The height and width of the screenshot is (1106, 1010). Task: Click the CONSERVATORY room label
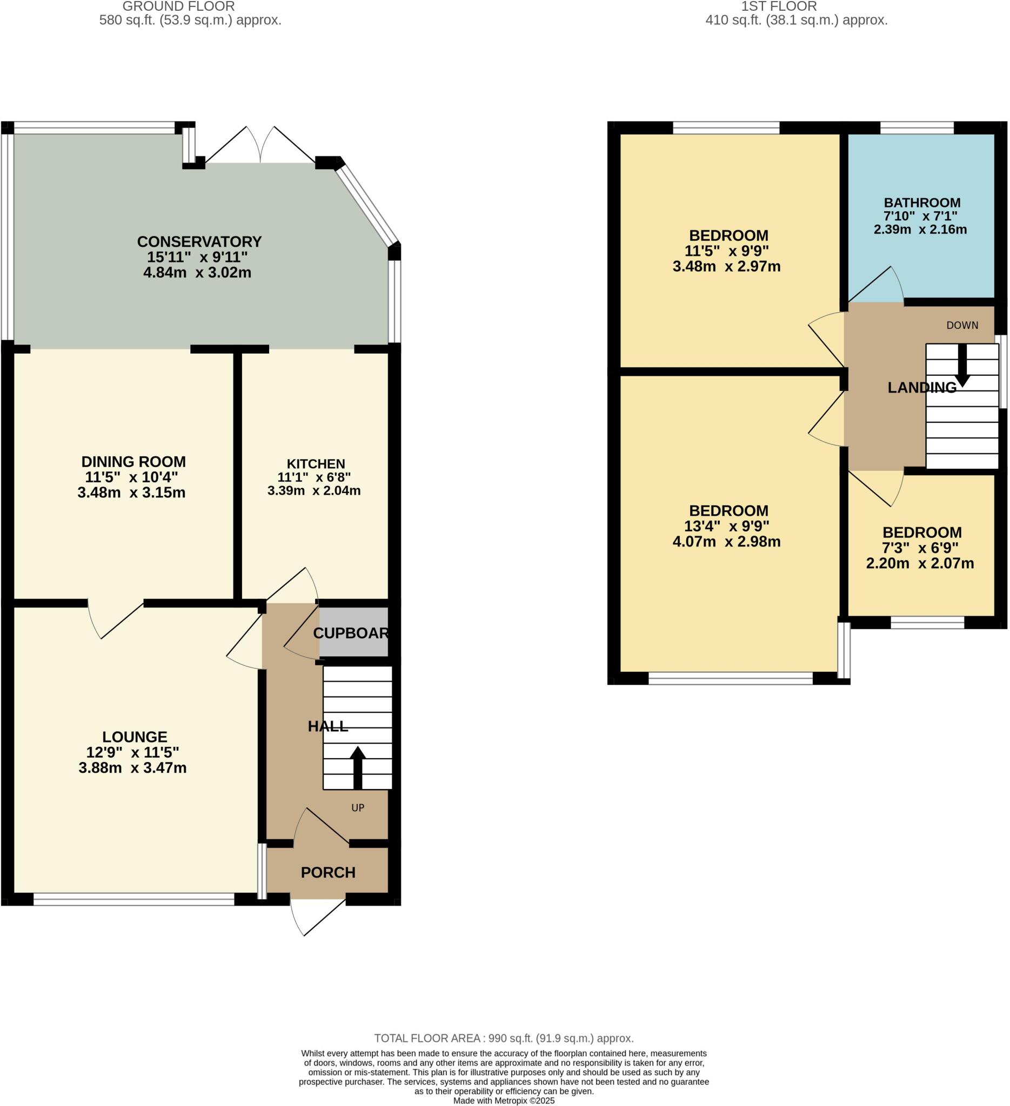[x=199, y=241]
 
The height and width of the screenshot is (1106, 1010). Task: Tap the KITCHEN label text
[x=316, y=464]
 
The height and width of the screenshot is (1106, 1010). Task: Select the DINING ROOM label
[x=133, y=461]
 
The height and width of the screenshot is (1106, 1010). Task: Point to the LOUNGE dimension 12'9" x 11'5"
[x=132, y=752]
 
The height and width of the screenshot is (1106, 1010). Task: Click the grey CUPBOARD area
[x=353, y=632]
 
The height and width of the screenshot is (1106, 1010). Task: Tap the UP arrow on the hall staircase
[x=357, y=766]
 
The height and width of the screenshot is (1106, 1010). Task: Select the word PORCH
[x=327, y=872]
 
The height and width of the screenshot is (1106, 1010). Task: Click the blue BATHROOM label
[x=921, y=203]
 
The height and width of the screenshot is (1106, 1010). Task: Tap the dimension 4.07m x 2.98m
[x=726, y=542]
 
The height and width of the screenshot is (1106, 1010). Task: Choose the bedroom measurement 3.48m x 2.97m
[x=726, y=267]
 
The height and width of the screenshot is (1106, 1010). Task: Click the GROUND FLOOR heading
[x=178, y=6]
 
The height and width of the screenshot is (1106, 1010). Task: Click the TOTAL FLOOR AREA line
[x=503, y=1038]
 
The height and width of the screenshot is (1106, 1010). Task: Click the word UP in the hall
[x=358, y=807]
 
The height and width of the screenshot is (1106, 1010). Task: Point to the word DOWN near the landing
[x=962, y=325]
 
